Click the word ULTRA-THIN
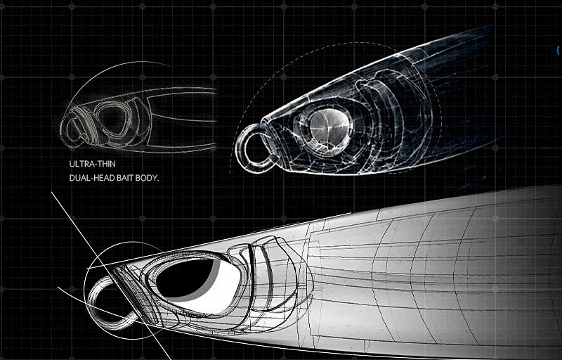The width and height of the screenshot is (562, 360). tap(93, 164)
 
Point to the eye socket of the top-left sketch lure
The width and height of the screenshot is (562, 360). tap(112, 120)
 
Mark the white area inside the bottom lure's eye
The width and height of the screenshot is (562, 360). tap(211, 290)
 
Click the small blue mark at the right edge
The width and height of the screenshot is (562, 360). tap(558, 51)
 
